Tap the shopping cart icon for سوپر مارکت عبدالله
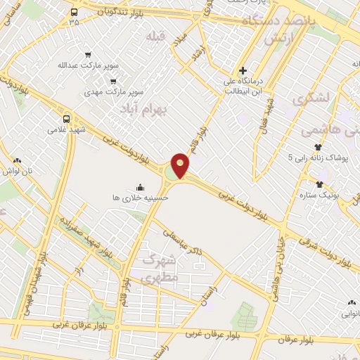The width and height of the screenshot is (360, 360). [87, 53]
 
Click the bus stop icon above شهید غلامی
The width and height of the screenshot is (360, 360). [67, 119]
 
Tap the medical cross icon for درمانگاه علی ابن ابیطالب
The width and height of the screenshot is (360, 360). [243, 70]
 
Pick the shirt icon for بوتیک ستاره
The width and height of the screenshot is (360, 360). [319, 183]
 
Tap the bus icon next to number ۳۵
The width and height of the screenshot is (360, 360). [75, 12]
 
